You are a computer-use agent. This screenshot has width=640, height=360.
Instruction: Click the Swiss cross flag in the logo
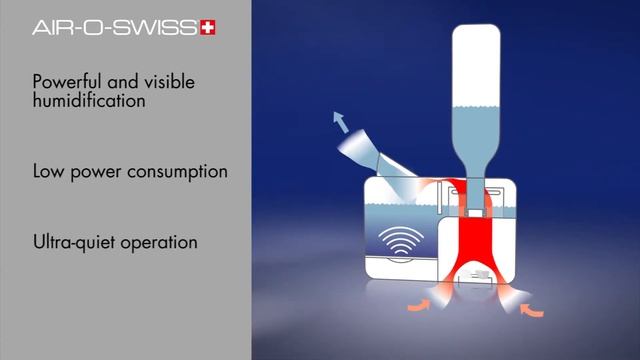[x=208, y=28]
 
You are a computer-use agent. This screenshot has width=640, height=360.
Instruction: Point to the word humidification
[x=89, y=101]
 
